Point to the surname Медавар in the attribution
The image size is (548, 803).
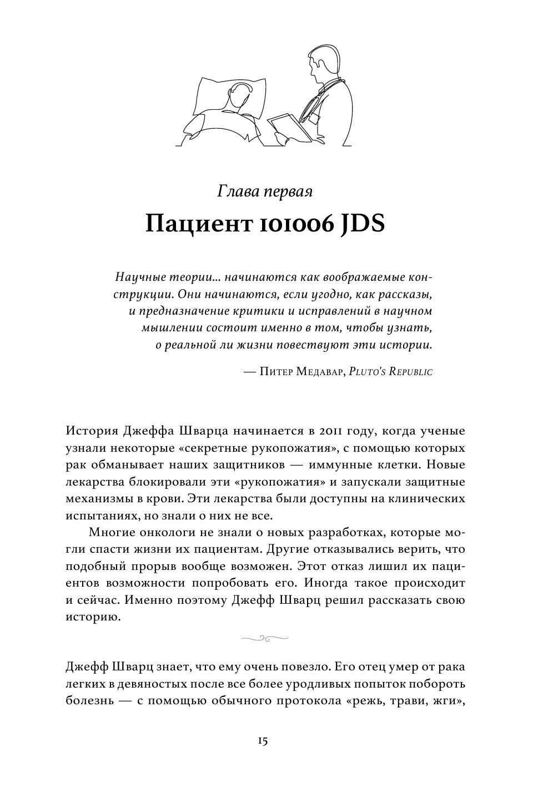click(x=318, y=372)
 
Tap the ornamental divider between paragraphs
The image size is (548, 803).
click(x=264, y=639)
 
